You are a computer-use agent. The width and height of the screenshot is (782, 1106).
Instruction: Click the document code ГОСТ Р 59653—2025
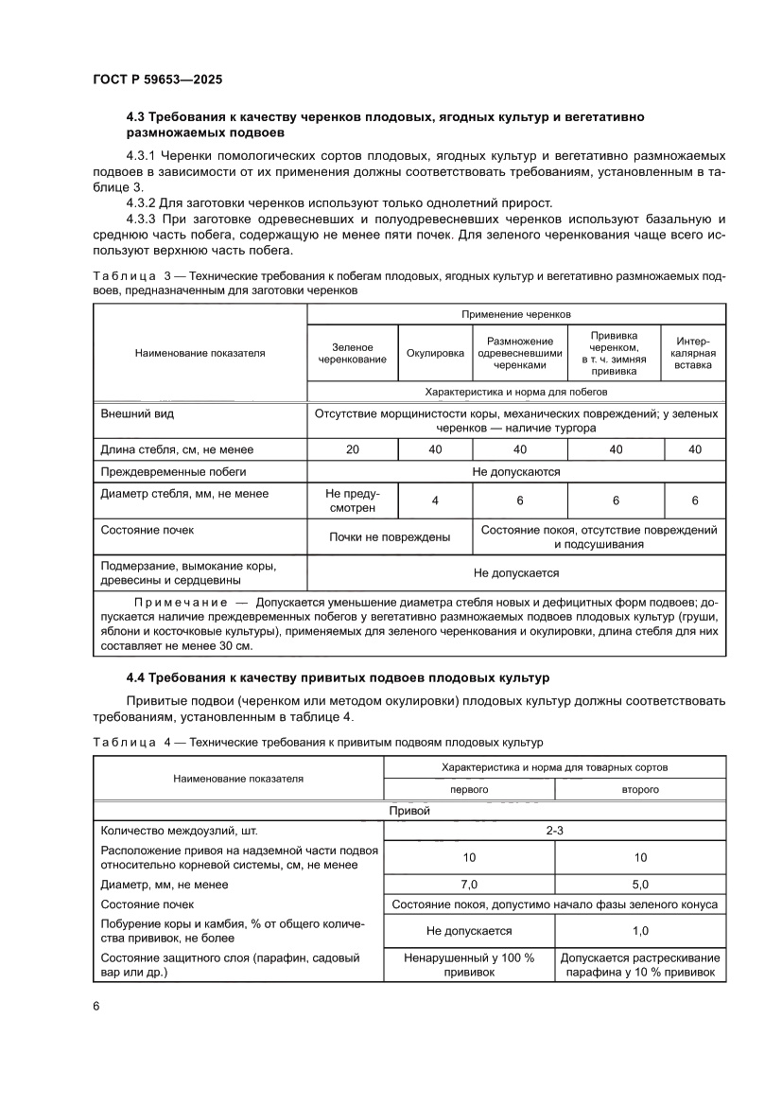click(x=157, y=80)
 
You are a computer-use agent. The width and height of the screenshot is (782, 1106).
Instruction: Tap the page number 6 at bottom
click(x=96, y=1006)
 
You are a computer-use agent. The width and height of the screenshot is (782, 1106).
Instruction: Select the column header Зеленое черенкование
click(x=352, y=353)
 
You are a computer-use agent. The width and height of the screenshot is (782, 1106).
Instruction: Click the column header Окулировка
click(x=435, y=353)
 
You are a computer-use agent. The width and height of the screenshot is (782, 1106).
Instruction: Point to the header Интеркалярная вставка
click(x=694, y=353)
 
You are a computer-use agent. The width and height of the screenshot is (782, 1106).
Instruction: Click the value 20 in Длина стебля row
click(x=352, y=449)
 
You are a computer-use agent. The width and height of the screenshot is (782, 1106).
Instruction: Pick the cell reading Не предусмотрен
click(x=352, y=500)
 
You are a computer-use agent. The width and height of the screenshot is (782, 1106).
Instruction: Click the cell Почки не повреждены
click(x=389, y=536)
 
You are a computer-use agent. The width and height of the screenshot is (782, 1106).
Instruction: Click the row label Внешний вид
click(x=137, y=414)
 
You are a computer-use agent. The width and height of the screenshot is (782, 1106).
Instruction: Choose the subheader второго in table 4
click(x=640, y=788)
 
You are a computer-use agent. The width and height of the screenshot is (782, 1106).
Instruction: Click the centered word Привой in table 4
click(x=409, y=811)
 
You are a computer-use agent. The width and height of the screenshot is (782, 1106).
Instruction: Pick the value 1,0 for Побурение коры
click(x=640, y=931)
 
